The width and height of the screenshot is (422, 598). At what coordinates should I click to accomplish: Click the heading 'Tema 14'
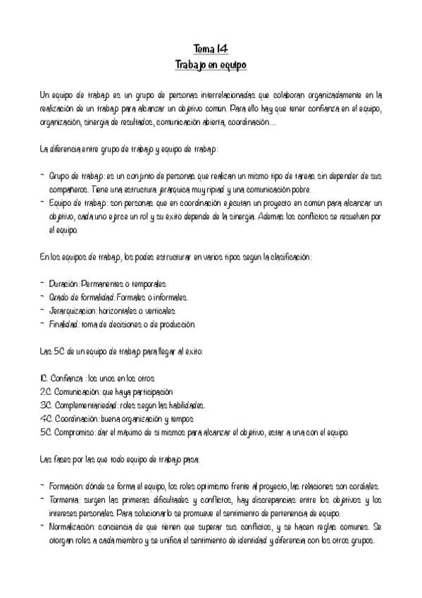[x=211, y=49]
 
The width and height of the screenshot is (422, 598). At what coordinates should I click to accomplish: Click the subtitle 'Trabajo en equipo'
[x=211, y=64]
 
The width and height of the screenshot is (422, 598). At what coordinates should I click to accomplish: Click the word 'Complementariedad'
[x=92, y=405]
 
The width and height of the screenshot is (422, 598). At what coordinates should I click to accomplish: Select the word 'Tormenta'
[x=68, y=501]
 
